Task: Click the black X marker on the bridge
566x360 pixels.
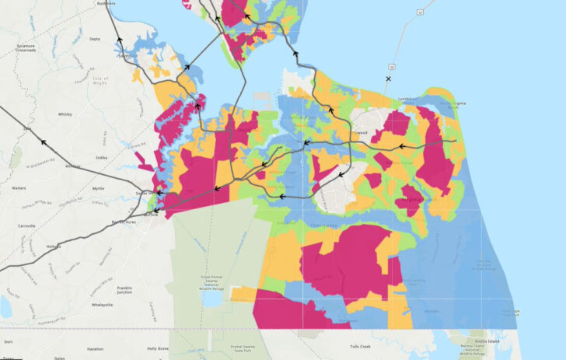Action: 388,79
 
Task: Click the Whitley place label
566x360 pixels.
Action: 65,114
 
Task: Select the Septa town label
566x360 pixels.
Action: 95,38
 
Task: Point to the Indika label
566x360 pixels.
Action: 100,158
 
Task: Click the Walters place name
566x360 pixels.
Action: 19,188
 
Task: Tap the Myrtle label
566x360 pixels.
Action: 97,188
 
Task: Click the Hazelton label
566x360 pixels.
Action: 95,349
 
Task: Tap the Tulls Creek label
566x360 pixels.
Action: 359,347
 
